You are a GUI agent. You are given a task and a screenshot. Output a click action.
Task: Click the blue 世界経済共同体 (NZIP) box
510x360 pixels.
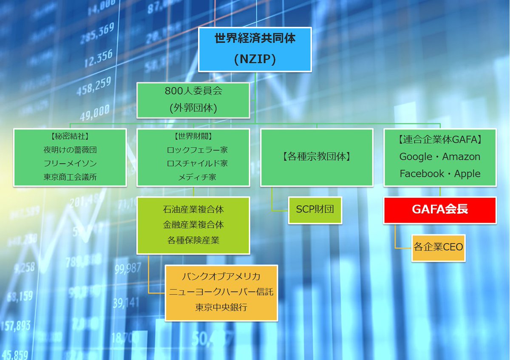(x=255, y=49)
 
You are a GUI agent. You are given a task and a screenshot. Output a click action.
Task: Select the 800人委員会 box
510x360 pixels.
(x=193, y=100)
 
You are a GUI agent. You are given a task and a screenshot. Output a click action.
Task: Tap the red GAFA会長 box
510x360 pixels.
(x=440, y=210)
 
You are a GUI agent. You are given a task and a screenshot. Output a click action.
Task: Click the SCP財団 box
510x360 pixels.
(x=315, y=210)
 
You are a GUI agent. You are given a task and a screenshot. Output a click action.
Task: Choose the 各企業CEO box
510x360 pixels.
(x=438, y=247)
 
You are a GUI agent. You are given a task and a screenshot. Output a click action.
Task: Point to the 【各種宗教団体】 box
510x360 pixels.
(x=317, y=157)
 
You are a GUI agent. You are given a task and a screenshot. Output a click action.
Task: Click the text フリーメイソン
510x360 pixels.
(x=70, y=164)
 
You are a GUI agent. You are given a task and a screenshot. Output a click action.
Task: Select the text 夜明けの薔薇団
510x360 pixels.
(x=70, y=150)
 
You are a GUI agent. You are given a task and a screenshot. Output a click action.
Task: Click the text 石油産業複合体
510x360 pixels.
(x=193, y=210)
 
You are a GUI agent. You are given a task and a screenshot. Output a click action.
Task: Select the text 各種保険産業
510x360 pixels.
(x=193, y=240)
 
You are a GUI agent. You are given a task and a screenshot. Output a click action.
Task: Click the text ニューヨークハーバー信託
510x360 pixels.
(x=221, y=292)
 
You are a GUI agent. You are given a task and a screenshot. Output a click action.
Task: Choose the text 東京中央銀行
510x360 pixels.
(x=221, y=307)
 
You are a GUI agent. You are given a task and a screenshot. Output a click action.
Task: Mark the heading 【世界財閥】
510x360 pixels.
(x=193, y=137)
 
